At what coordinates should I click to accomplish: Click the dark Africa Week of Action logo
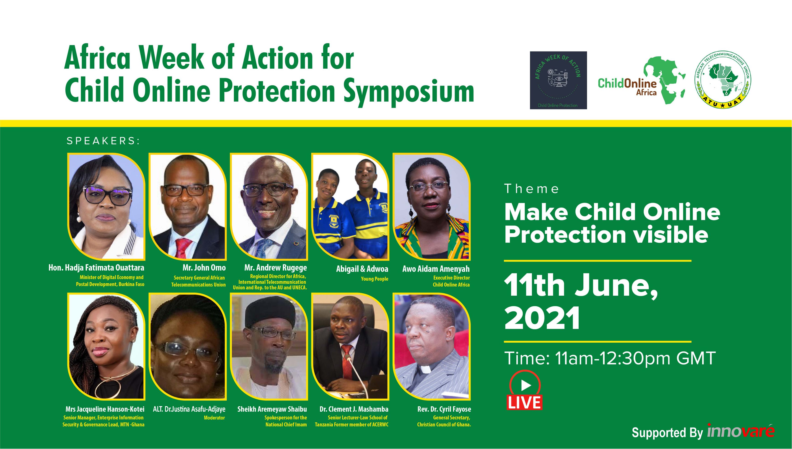558,80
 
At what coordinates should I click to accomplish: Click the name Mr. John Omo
204,268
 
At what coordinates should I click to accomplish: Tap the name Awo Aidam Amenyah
436,269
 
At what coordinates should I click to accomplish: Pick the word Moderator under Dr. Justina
214,418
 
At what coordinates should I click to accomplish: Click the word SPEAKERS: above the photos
103,141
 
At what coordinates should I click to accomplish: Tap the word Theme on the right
531,189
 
